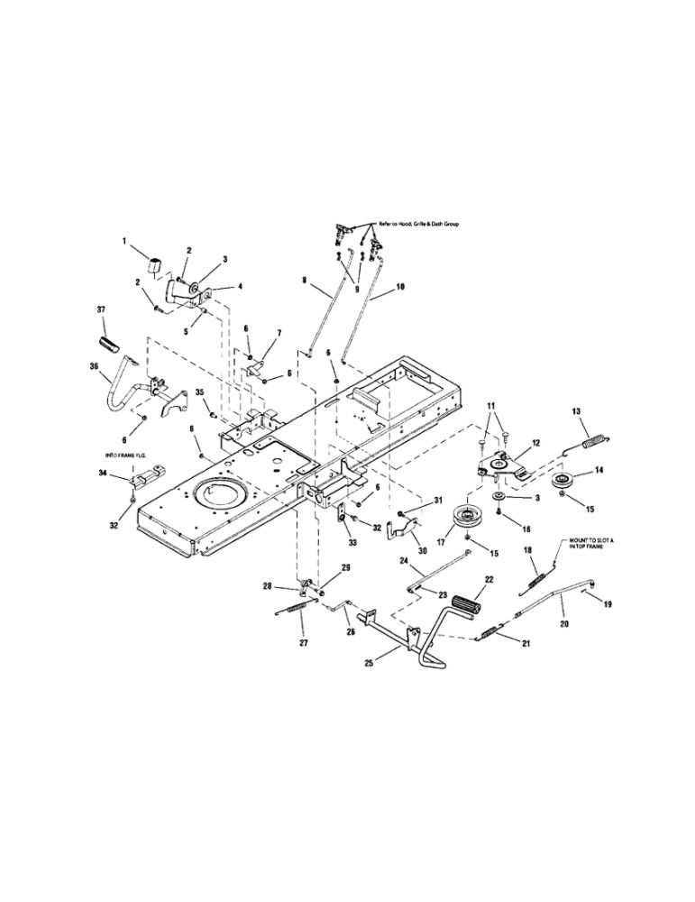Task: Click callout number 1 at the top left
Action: (125, 241)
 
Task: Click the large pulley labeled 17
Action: (468, 520)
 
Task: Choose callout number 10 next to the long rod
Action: (400, 288)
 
